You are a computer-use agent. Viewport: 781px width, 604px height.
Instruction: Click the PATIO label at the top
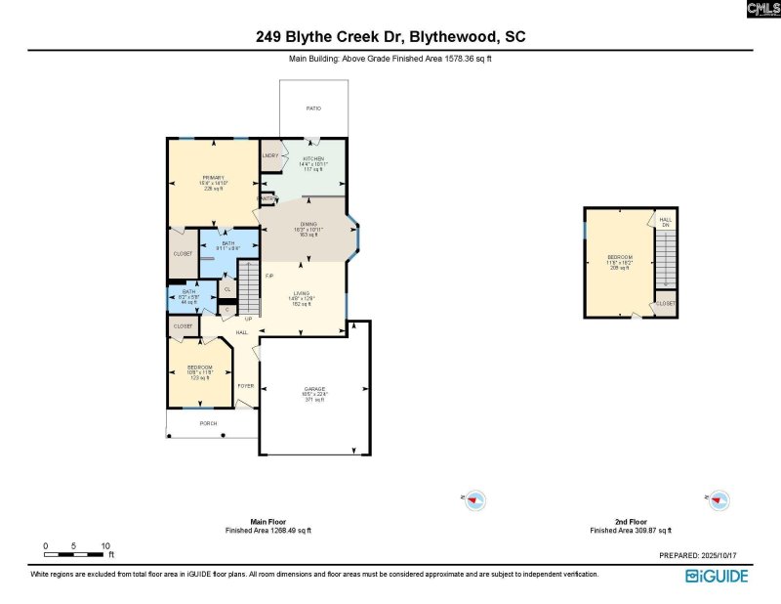[313, 108]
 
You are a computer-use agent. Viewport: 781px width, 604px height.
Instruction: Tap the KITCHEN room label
[313, 158]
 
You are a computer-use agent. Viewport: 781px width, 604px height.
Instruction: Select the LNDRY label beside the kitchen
[270, 156]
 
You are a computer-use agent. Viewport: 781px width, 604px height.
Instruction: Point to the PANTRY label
[266, 198]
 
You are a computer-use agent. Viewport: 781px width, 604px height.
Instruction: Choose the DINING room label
[310, 225]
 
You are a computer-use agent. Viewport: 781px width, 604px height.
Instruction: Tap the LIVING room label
[301, 292]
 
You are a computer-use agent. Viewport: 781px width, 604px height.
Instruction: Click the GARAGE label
[313, 389]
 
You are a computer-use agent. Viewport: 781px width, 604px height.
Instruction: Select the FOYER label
[246, 385]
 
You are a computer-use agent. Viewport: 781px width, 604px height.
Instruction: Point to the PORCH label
[208, 423]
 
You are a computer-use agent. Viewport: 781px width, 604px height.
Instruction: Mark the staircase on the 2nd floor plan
[665, 258]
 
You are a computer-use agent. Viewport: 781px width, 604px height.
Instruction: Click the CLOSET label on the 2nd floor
[665, 304]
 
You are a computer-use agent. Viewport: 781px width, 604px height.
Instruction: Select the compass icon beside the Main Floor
[473, 500]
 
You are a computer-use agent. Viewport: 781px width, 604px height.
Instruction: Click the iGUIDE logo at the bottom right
[717, 576]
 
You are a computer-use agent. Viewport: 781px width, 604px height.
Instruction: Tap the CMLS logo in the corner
[762, 10]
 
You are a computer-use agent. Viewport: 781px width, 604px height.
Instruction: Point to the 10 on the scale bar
[105, 545]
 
